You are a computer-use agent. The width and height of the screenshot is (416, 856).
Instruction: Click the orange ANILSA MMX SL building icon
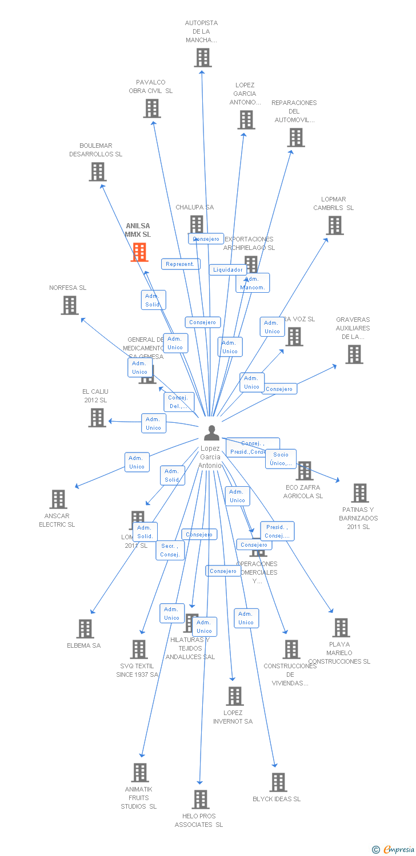(x=139, y=252)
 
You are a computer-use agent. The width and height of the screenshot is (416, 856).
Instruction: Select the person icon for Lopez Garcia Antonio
(x=211, y=433)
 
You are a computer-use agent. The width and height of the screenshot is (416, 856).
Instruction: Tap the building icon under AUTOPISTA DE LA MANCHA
(x=202, y=58)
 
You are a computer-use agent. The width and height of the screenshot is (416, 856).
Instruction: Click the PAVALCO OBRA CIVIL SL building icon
(x=151, y=108)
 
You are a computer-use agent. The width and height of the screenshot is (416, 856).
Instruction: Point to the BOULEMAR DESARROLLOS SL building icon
(x=97, y=172)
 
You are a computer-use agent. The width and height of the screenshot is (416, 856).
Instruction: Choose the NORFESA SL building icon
(x=69, y=305)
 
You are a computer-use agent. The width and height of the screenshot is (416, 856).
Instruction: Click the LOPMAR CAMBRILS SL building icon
(x=334, y=225)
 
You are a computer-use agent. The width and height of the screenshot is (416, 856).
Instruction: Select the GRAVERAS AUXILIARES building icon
(x=354, y=354)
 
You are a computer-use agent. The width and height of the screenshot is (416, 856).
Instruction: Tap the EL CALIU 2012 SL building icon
(x=97, y=418)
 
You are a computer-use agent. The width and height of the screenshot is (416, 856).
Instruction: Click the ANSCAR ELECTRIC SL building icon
(x=58, y=499)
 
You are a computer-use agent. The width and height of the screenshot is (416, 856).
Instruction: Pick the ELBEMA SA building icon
(x=85, y=629)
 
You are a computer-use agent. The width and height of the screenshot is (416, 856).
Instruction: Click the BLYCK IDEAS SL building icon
(x=278, y=782)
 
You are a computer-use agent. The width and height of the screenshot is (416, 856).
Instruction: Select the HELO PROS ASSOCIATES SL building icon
(x=200, y=800)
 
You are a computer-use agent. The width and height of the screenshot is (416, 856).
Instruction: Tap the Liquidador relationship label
(x=228, y=270)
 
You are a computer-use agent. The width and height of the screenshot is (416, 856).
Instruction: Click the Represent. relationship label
(x=181, y=264)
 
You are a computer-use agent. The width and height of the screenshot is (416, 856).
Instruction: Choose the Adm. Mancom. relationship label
(x=252, y=283)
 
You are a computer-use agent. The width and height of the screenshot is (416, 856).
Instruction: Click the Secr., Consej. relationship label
(x=170, y=550)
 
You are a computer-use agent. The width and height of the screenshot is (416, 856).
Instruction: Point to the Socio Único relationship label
(x=281, y=459)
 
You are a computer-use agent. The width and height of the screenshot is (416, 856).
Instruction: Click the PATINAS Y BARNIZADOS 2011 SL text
(x=358, y=518)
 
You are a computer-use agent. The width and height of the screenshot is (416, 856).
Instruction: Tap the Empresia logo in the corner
(x=394, y=850)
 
